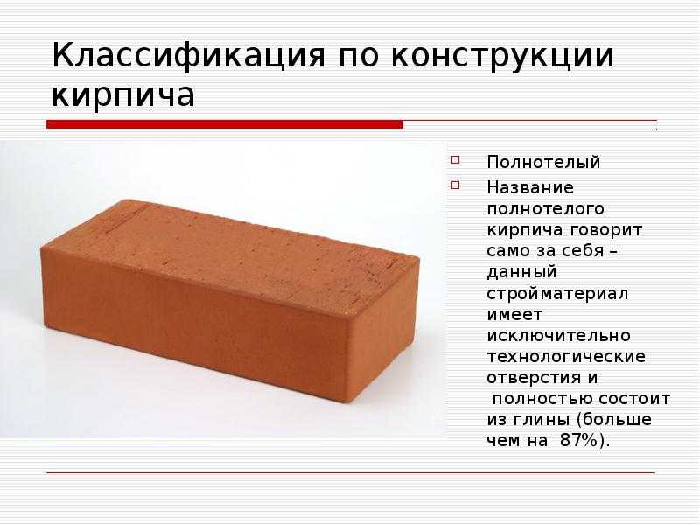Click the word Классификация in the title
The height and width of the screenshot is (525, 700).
(188, 56)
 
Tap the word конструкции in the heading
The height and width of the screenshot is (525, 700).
(502, 56)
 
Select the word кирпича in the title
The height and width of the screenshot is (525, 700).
(123, 95)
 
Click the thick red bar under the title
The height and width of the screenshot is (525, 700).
(225, 124)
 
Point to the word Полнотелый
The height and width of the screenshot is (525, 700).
(543, 162)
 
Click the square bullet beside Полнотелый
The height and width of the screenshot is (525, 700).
(455, 159)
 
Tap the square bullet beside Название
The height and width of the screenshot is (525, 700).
(455, 185)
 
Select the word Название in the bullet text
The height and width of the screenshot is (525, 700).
(530, 187)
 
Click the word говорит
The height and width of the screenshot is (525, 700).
(606, 230)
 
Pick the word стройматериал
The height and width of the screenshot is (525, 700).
(557, 294)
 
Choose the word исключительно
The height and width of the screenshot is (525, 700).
(558, 336)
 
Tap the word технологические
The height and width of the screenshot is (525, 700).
(566, 357)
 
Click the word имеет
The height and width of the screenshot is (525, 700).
(514, 315)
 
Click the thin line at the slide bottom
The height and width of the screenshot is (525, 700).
(351, 472)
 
